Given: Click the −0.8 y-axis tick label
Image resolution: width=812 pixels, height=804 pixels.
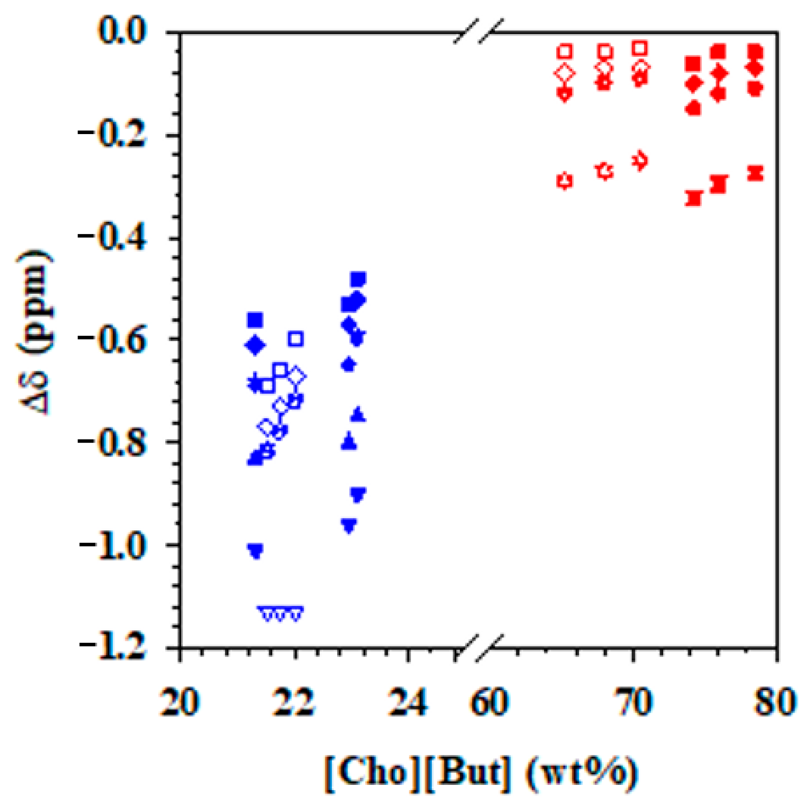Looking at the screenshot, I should (x=113, y=441).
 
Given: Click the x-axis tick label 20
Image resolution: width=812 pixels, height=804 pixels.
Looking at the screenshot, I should (x=180, y=702).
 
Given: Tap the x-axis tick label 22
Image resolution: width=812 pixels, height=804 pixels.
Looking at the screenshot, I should (x=294, y=702).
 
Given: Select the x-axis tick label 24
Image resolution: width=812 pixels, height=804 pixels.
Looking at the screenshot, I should (x=408, y=702).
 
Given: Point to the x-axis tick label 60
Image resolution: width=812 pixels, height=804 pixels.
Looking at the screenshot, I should (x=489, y=702).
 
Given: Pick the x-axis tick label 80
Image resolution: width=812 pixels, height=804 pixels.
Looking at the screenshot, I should (x=776, y=702).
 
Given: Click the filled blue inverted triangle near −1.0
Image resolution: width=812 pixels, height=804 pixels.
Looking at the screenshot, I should (x=256, y=551).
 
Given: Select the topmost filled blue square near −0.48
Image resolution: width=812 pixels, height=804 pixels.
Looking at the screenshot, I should (x=358, y=279).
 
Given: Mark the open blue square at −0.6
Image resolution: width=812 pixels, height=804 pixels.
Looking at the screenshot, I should (x=296, y=339).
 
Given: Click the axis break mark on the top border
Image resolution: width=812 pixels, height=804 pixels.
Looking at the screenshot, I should (x=479, y=32).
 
